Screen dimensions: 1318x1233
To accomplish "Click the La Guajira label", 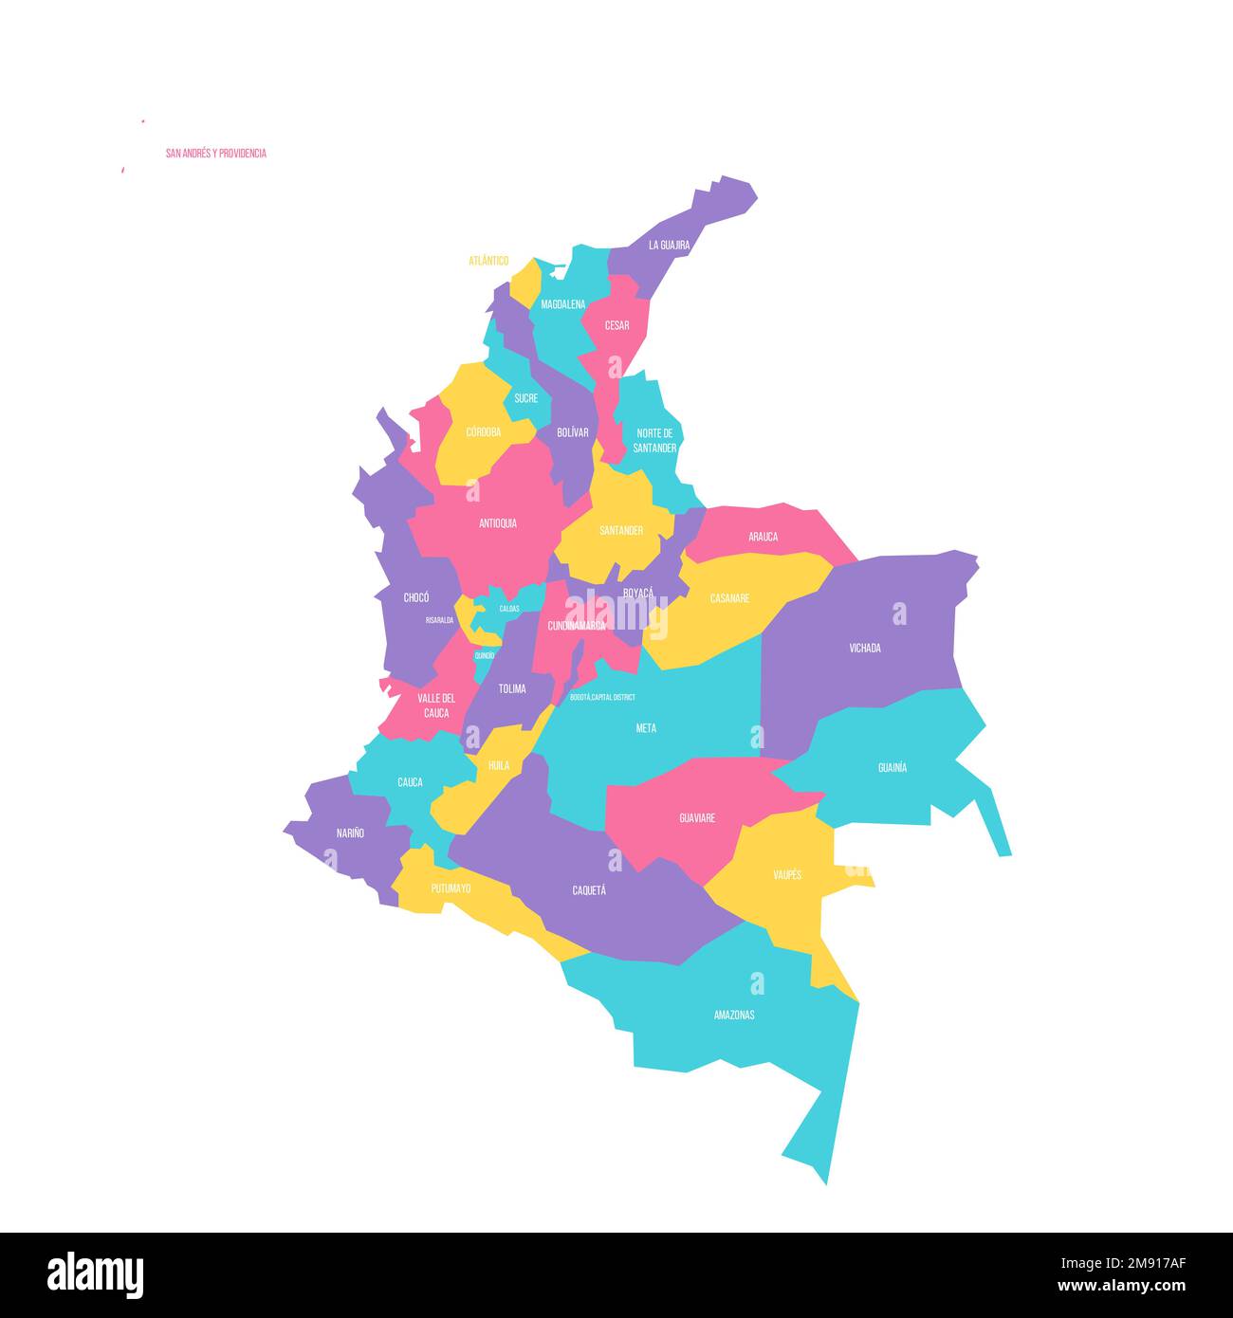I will [669, 245].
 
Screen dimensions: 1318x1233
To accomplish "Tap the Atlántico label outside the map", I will [488, 261].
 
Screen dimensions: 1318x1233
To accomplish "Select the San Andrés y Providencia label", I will [215, 154].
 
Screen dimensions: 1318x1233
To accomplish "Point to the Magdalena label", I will [563, 304].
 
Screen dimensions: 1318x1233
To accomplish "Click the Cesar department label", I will [616, 325].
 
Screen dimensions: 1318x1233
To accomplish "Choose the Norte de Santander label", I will [654, 440].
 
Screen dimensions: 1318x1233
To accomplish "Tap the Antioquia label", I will [498, 522].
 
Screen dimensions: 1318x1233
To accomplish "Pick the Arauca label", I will [763, 537].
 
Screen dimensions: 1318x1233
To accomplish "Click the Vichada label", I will [864, 649].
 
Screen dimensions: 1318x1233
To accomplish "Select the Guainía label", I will [892, 767].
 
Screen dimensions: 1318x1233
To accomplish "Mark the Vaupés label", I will [786, 874].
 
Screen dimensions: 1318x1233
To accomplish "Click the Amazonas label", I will [734, 1015].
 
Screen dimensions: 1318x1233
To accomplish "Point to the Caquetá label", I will [589, 890].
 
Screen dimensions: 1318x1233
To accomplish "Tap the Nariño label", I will [350, 833].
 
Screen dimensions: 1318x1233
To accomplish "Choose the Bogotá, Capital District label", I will [602, 697].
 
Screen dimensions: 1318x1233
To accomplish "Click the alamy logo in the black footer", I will [95, 1275].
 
